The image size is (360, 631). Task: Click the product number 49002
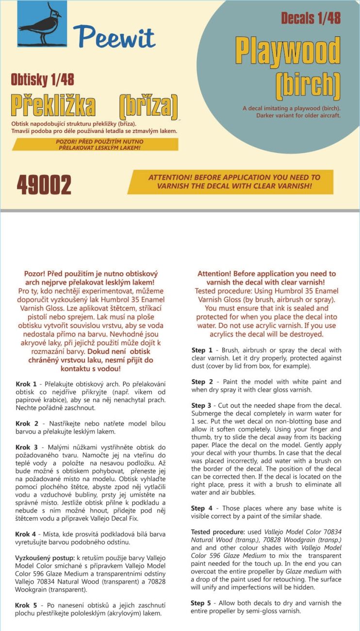[x=44, y=184]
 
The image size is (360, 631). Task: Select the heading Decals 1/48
[x=311, y=18]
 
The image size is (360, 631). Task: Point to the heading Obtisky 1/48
[x=42, y=80]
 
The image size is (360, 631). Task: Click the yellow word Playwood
[x=288, y=50]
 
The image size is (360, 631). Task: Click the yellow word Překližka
[x=53, y=105]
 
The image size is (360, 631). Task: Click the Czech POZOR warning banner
[x=95, y=144]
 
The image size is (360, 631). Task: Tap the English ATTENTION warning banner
[x=230, y=182]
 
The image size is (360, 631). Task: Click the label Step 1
[x=202, y=350]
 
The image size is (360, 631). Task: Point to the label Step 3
[x=202, y=405]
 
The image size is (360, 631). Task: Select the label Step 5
[x=202, y=603]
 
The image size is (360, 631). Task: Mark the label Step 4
[x=202, y=508]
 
